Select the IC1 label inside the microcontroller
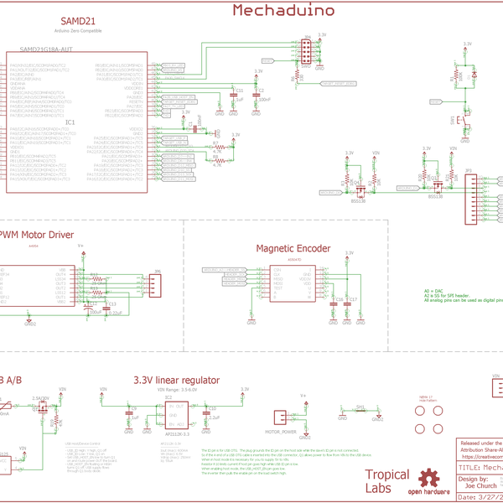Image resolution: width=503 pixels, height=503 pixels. pyautogui.click(x=72, y=122)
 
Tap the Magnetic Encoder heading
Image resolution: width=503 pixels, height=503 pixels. pyautogui.click(x=293, y=248)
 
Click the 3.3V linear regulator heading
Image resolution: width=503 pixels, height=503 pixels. pyautogui.click(x=176, y=380)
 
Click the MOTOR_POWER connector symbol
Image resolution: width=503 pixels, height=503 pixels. pyautogui.click(x=280, y=418)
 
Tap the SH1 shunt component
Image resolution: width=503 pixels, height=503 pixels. pyautogui.click(x=360, y=411)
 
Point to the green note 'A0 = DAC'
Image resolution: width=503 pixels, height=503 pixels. pyautogui.click(x=434, y=290)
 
